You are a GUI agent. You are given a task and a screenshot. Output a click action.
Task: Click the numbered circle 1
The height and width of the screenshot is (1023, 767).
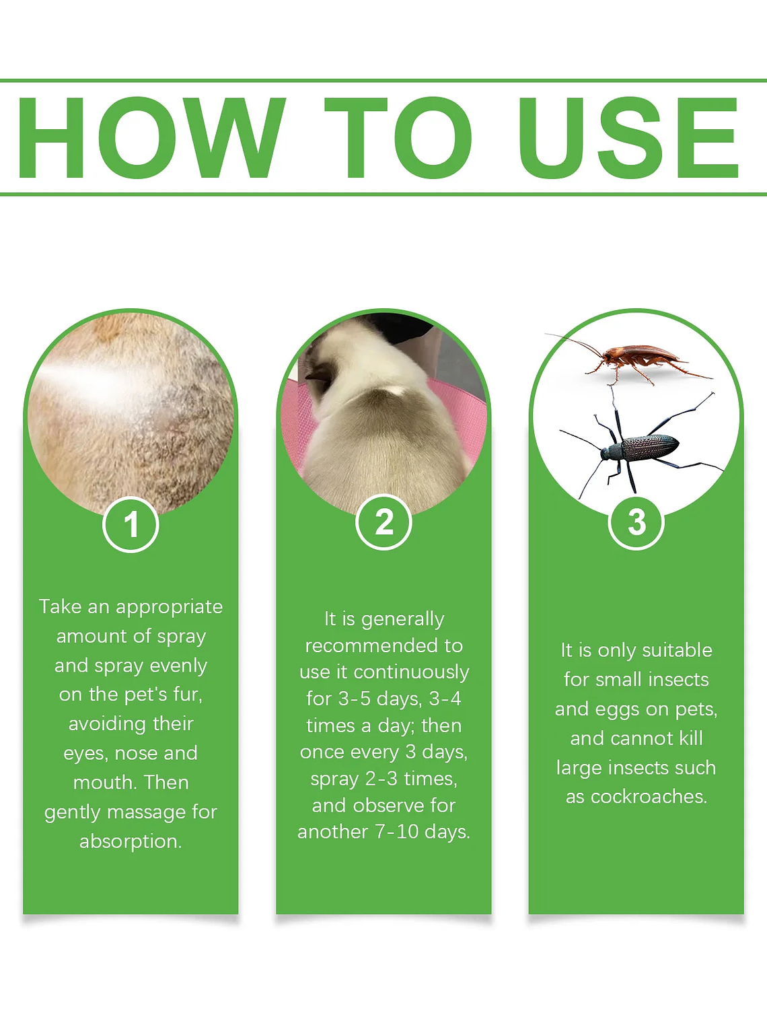(131, 524)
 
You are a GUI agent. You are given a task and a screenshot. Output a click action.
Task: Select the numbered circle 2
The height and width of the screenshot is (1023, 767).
(383, 522)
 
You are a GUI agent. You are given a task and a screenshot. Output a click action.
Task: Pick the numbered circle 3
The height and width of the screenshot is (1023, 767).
(636, 522)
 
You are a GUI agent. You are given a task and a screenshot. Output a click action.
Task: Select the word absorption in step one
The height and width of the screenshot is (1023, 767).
(131, 841)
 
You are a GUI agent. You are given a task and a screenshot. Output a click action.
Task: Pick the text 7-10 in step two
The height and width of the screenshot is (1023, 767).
(397, 832)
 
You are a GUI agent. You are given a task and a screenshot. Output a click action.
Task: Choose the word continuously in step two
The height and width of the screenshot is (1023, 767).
(412, 672)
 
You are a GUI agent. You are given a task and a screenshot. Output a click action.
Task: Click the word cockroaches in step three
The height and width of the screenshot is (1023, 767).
(649, 797)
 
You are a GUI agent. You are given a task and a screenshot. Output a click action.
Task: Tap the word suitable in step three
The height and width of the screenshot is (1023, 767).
(676, 650)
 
